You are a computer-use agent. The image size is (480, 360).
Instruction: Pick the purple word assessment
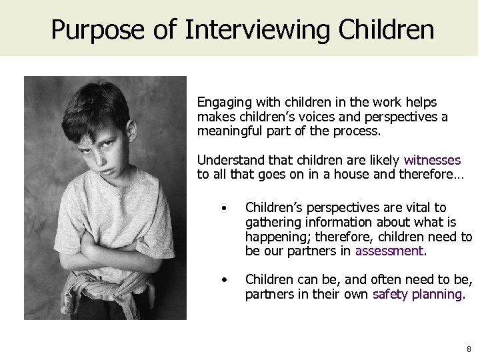(x=390, y=251)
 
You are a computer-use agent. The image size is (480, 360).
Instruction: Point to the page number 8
(x=469, y=348)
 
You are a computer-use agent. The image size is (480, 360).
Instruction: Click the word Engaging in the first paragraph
(x=221, y=103)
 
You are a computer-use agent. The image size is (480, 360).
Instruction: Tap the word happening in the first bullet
(x=275, y=237)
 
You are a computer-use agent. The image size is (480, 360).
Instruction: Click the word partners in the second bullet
(x=265, y=293)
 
